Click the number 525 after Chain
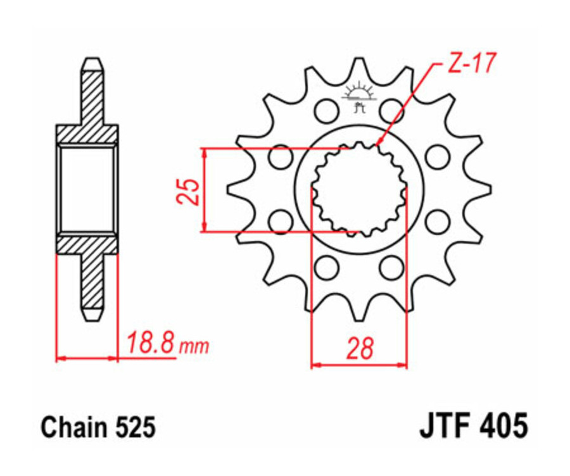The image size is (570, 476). (x=132, y=429)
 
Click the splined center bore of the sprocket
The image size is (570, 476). (x=359, y=188)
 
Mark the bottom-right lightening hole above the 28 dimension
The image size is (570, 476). (x=392, y=266)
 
